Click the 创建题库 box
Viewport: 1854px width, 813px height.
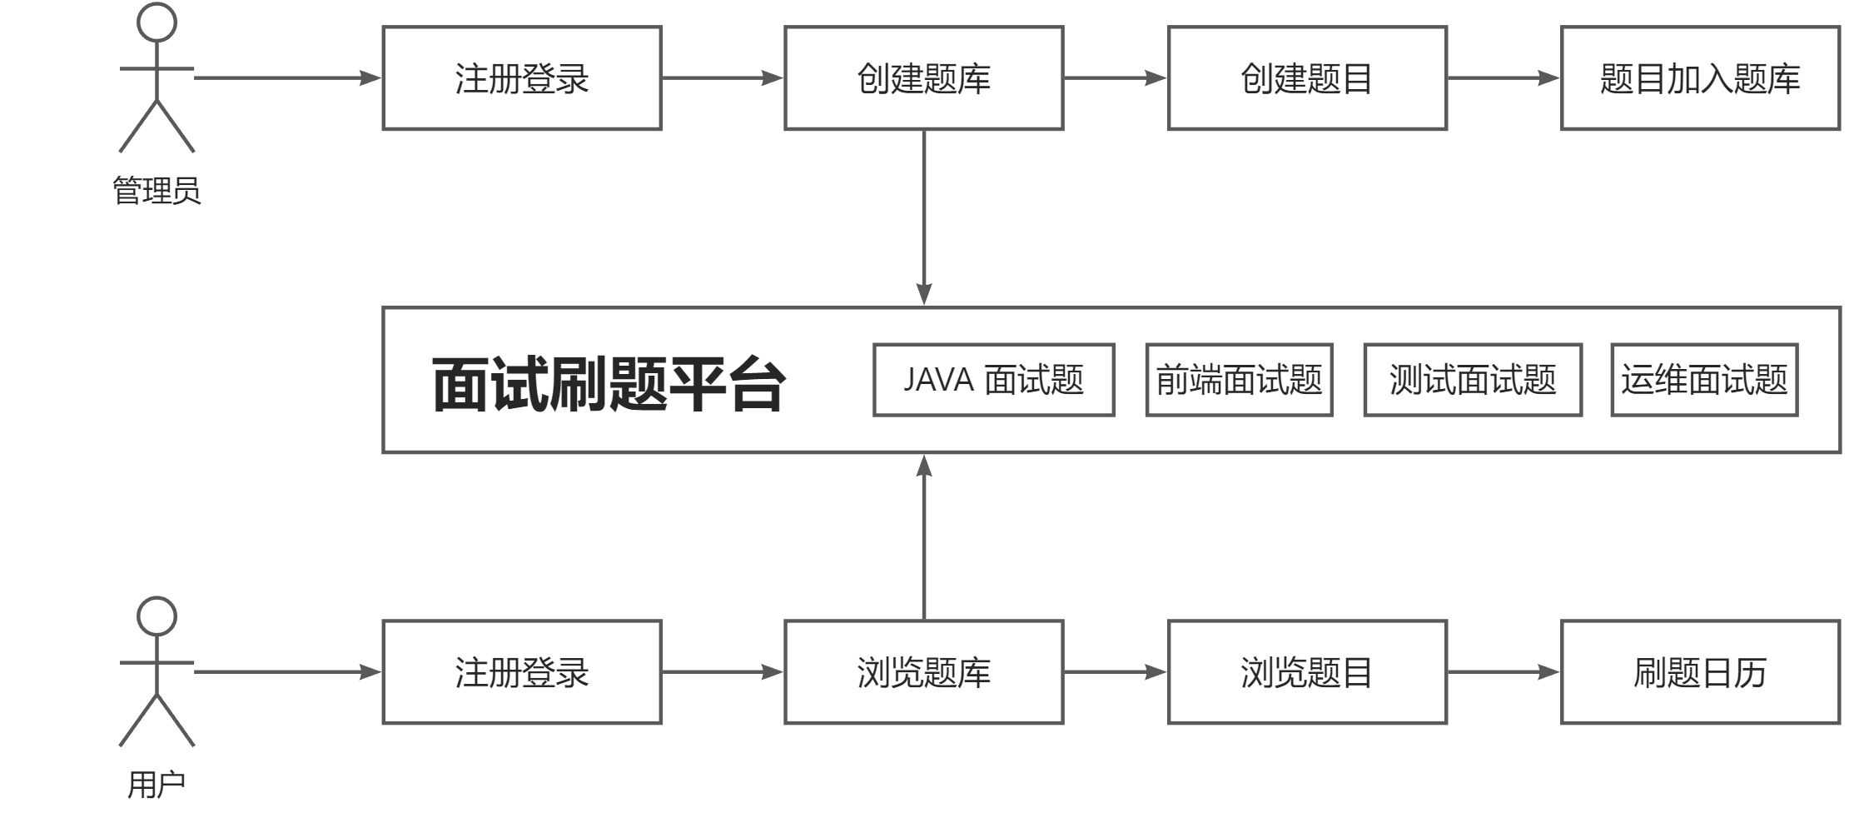pyautogui.click(x=923, y=78)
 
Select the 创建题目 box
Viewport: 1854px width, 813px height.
pyautogui.click(x=1307, y=78)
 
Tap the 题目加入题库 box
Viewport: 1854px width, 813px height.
pyautogui.click(x=1699, y=78)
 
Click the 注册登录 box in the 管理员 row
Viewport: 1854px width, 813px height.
pyautogui.click(x=522, y=78)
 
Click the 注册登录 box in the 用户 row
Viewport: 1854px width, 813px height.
pyautogui.click(x=522, y=671)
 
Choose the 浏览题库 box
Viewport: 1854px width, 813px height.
pyautogui.click(x=923, y=671)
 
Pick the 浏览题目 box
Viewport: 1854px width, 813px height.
pyautogui.click(x=1307, y=671)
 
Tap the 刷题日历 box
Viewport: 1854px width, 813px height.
pyautogui.click(x=1699, y=671)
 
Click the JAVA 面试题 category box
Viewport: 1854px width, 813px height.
pyautogui.click(x=993, y=380)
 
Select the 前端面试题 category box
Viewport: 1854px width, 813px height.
pyautogui.click(x=1239, y=380)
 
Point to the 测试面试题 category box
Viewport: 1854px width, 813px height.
pyautogui.click(x=1472, y=380)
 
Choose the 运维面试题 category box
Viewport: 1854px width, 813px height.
pyautogui.click(x=1703, y=380)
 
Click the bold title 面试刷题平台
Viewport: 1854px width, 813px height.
pyautogui.click(x=608, y=384)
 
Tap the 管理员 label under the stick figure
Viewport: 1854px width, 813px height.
pyautogui.click(x=157, y=191)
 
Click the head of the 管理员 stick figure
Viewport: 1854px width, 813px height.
pyautogui.click(x=157, y=22)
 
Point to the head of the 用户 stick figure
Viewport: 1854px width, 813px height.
pyautogui.click(x=157, y=616)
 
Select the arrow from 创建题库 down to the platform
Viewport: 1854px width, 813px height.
pyautogui.click(x=923, y=217)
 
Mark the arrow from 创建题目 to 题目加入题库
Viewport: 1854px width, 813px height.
pyautogui.click(x=1503, y=78)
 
